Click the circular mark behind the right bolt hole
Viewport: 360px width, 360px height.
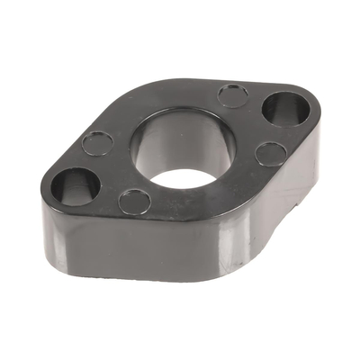click(233, 94)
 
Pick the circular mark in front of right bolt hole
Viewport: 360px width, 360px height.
click(270, 154)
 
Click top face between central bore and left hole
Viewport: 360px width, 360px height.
click(112, 171)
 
